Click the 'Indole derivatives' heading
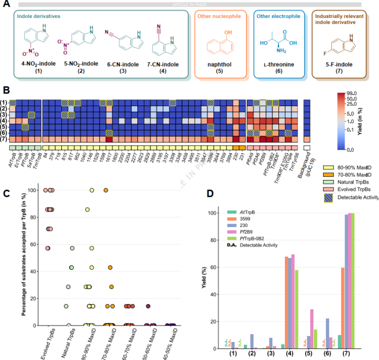[38, 17]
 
